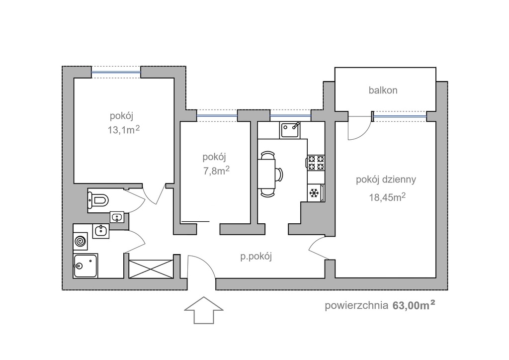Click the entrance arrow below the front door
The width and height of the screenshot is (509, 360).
tap(204, 311)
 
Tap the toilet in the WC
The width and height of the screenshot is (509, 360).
tap(98, 200)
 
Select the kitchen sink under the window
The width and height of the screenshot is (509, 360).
tap(290, 130)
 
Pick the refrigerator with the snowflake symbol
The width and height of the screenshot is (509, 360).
tap(315, 193)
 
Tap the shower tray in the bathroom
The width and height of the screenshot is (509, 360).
tap(85, 266)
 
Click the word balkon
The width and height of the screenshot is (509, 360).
tap(383, 90)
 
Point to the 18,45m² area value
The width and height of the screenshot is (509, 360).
tap(387, 197)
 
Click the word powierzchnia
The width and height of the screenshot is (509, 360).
tap(356, 305)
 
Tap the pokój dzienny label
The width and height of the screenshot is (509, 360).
tap(386, 180)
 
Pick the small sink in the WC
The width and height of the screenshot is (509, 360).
tap(117, 217)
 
